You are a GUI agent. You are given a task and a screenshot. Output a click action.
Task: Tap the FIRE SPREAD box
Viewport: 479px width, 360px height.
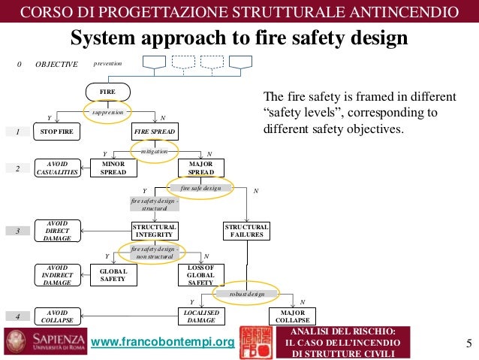point(155,132)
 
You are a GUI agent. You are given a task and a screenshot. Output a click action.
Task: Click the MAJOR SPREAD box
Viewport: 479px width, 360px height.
point(201,168)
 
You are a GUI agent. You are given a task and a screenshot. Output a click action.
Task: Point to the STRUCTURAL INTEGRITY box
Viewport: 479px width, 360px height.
point(155,231)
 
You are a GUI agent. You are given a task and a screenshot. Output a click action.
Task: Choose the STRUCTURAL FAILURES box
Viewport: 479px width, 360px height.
point(247,231)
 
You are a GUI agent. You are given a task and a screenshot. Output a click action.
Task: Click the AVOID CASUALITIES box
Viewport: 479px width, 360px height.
point(57,168)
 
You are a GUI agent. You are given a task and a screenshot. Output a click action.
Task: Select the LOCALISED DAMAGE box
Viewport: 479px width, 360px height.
point(201,316)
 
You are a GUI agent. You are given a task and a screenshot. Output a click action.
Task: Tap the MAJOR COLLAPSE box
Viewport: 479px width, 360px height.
point(293,316)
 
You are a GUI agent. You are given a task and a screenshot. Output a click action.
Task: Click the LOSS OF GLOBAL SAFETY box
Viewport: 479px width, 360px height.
point(201,275)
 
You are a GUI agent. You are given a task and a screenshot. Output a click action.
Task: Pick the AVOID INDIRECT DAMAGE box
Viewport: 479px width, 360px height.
point(57,275)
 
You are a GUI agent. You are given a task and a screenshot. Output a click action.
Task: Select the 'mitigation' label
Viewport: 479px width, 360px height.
point(154,150)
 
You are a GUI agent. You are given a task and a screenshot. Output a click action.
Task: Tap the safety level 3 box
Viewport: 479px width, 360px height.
point(17,231)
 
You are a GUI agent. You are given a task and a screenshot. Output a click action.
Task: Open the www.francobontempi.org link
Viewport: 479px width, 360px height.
point(162,343)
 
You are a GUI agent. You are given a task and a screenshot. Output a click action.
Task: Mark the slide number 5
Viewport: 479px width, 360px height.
point(468,344)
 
